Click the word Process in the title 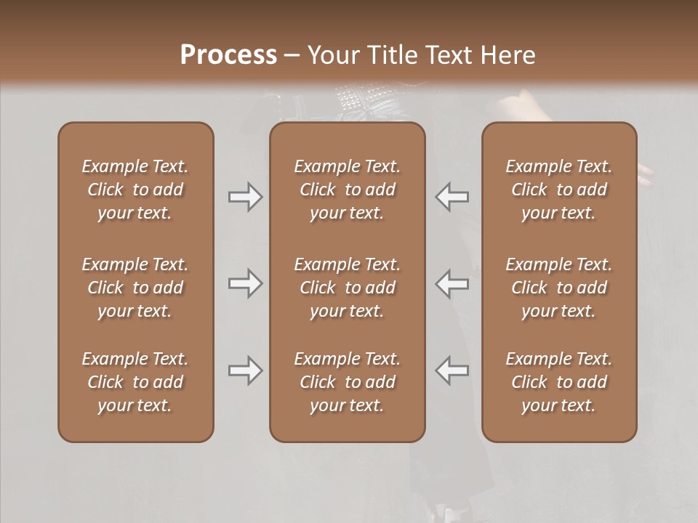tap(228, 55)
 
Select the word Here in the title tap(507, 55)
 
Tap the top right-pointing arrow tap(245, 197)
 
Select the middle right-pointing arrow tap(245, 283)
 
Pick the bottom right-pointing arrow tap(245, 370)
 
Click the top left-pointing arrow tap(452, 197)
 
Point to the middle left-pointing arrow tap(452, 283)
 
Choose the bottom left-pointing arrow tap(452, 370)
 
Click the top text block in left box tap(135, 190)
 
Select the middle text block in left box tap(135, 288)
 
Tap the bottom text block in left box tap(135, 382)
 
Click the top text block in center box tap(348, 190)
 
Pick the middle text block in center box tap(348, 288)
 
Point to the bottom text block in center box tap(348, 382)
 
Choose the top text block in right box tap(559, 190)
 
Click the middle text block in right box tap(559, 288)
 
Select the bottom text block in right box tap(559, 382)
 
